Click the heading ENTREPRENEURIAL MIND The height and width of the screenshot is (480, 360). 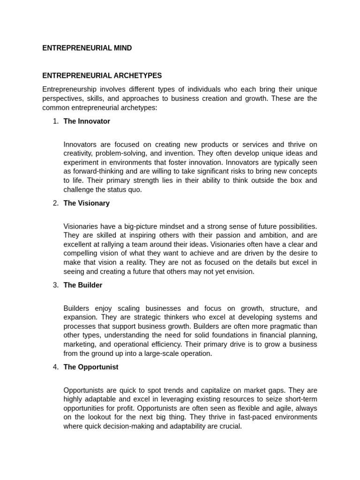pos(87,48)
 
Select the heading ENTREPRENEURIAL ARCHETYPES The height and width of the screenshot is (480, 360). pos(102,75)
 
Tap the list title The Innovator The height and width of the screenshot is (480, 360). pos(87,121)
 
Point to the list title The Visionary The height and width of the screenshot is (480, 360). pos(87,203)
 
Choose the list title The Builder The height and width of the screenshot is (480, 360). pos(83,285)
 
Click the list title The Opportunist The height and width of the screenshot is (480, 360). pos(91,367)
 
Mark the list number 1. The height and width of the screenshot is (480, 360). pos(55,121)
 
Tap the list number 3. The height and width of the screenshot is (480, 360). pos(55,285)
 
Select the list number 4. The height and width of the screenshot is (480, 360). pos(55,367)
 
